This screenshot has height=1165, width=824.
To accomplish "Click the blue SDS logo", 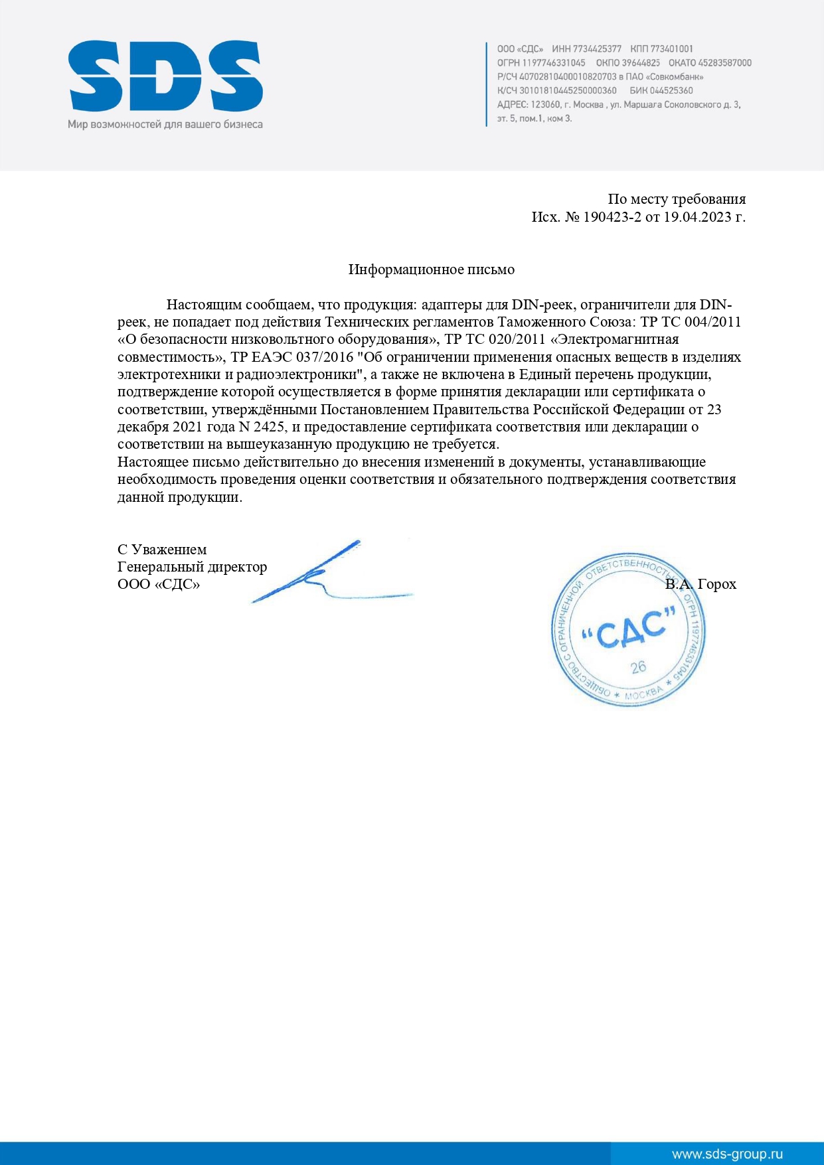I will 165,76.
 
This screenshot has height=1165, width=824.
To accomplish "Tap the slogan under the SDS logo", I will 165,124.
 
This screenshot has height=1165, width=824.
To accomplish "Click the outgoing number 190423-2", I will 612,217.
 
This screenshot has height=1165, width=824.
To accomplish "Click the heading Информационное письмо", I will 432,270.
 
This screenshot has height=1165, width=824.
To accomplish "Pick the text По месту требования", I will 677,199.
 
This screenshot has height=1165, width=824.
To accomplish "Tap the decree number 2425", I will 269,427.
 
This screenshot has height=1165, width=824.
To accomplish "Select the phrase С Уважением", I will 162,550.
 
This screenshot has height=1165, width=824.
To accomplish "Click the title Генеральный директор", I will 192,567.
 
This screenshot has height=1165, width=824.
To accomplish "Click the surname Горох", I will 717,584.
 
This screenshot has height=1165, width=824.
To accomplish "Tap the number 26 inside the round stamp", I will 638,666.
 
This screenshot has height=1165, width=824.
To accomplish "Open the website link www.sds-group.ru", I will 727,1154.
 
